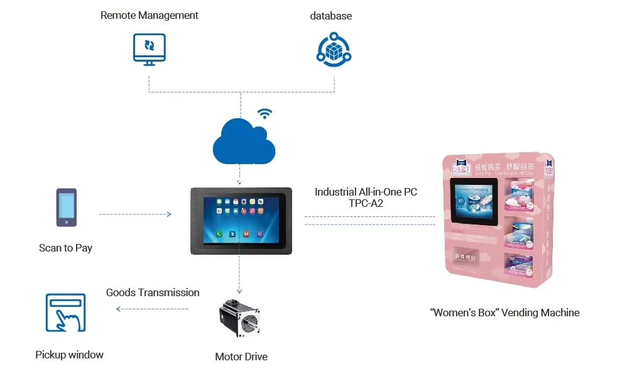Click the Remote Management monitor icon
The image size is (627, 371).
pyautogui.click(x=150, y=48)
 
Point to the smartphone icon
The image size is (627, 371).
pyautogui.click(x=67, y=208)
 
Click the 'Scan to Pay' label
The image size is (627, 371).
pyautogui.click(x=65, y=248)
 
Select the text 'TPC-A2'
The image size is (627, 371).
pyautogui.click(x=366, y=204)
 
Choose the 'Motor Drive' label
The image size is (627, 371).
pyautogui.click(x=241, y=357)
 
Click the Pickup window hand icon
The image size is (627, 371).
pyautogui.click(x=65, y=313)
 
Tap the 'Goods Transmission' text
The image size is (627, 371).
pyautogui.click(x=153, y=292)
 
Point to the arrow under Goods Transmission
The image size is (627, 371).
pyautogui.click(x=152, y=309)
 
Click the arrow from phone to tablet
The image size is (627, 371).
pyautogui.click(x=135, y=214)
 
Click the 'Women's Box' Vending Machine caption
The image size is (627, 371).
pyautogui.click(x=504, y=313)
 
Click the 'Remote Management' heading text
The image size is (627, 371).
pyautogui.click(x=150, y=15)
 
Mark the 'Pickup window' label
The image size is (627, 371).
pyautogui.click(x=69, y=355)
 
